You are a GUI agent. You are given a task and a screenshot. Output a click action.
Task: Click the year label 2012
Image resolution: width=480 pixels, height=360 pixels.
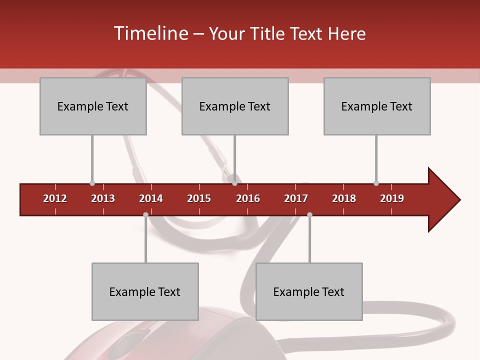pos(55,198)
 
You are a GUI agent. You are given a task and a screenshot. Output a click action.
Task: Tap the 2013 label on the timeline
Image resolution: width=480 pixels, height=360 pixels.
pos(103,198)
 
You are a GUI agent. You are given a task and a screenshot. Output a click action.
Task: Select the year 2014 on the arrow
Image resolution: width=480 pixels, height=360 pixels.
pos(151,198)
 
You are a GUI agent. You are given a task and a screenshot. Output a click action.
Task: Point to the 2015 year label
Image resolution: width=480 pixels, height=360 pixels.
pos(199,198)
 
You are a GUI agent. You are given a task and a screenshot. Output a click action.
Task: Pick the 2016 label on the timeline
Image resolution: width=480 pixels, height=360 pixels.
pos(248,198)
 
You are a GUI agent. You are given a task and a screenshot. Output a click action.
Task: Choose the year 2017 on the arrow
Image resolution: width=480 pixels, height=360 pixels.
pos(296,198)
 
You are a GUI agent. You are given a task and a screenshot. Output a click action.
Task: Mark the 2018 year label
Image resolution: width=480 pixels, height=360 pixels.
pos(344,198)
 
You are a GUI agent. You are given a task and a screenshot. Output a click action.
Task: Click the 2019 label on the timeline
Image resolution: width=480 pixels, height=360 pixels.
pos(392,198)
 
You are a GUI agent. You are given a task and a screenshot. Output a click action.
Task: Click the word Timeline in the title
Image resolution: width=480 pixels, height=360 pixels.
pos(150,33)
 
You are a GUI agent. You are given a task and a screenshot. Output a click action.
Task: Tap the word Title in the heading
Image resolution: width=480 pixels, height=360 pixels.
pos(269,33)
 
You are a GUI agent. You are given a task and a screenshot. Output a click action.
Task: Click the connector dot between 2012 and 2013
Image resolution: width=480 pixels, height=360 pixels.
pos(92,183)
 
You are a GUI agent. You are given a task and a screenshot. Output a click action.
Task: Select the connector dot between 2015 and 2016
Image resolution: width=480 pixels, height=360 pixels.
pos(234,183)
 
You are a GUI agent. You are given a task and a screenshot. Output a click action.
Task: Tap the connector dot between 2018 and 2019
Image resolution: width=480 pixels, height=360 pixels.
pos(376,183)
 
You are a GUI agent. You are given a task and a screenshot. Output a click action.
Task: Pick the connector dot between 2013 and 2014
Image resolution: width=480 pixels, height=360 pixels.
pos(145,214)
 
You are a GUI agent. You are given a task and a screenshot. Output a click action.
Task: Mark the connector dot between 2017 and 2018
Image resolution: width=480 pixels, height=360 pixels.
pos(309,214)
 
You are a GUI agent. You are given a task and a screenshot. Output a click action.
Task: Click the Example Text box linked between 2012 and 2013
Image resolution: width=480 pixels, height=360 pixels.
pos(93,106)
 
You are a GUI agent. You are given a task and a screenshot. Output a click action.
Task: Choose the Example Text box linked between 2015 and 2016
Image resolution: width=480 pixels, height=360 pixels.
pos(235,106)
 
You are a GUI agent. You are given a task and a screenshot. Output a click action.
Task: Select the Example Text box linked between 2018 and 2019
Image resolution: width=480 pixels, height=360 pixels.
pos(377,106)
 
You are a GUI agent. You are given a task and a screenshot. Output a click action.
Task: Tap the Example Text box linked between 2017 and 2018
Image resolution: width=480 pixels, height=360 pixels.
pos(309,291)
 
